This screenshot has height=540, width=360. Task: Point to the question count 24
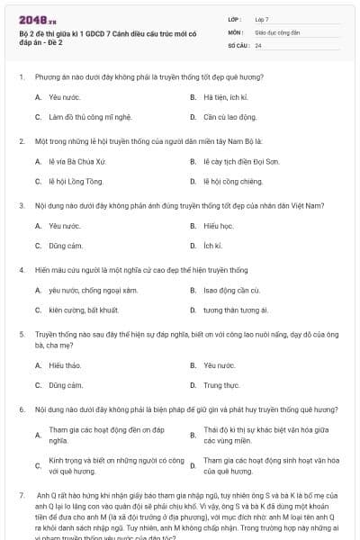pos(258,45)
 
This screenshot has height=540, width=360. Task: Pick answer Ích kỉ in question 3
pos(212,246)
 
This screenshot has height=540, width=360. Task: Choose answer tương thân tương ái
pos(236,310)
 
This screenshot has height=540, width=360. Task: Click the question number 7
pos(21,496)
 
